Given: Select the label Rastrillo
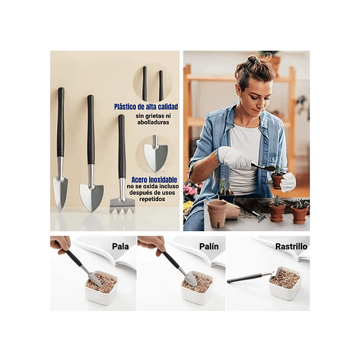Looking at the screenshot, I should click(291, 247).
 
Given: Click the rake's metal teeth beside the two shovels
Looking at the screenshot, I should click(122, 204).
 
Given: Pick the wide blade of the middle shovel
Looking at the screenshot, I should click(91, 198).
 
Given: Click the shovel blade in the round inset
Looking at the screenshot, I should click(155, 157).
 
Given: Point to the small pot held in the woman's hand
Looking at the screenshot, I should click(276, 180).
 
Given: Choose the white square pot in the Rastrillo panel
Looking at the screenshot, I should click(285, 283).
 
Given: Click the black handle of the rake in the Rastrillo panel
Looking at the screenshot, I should click(248, 277).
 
